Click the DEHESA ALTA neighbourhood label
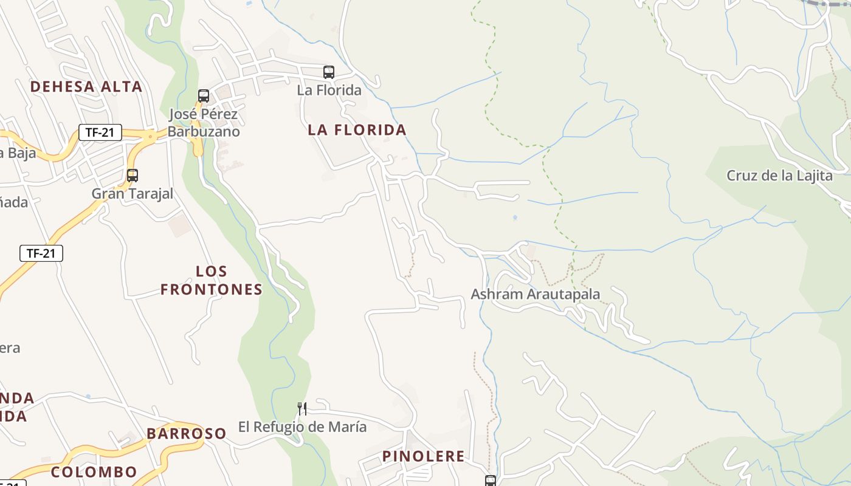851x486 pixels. pos(86,87)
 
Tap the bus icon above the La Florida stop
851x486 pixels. pos(329,72)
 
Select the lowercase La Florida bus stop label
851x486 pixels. pos(329,91)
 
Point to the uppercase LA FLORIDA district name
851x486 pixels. pos(357,130)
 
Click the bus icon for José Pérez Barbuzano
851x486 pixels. pos(204,96)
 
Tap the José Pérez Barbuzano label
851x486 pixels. pos(204,123)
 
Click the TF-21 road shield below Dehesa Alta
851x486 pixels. pos(100,132)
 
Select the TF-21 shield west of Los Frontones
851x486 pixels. pos(41,253)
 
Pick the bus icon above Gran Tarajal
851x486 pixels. pos(133,176)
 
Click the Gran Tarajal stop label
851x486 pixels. pos(133,194)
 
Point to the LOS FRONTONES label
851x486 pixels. pos(212,281)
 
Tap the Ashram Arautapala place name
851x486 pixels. pos(536,295)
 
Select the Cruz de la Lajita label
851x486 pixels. pos(780,176)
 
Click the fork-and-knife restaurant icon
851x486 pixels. pos(301,408)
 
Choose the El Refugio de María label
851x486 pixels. pos(302,427)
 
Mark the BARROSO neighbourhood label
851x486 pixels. pos(186,434)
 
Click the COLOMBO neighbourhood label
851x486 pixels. pos(94,472)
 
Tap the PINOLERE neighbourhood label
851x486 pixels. pos(424,456)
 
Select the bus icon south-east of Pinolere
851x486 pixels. pos(491,481)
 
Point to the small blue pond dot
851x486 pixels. pos(515,217)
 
